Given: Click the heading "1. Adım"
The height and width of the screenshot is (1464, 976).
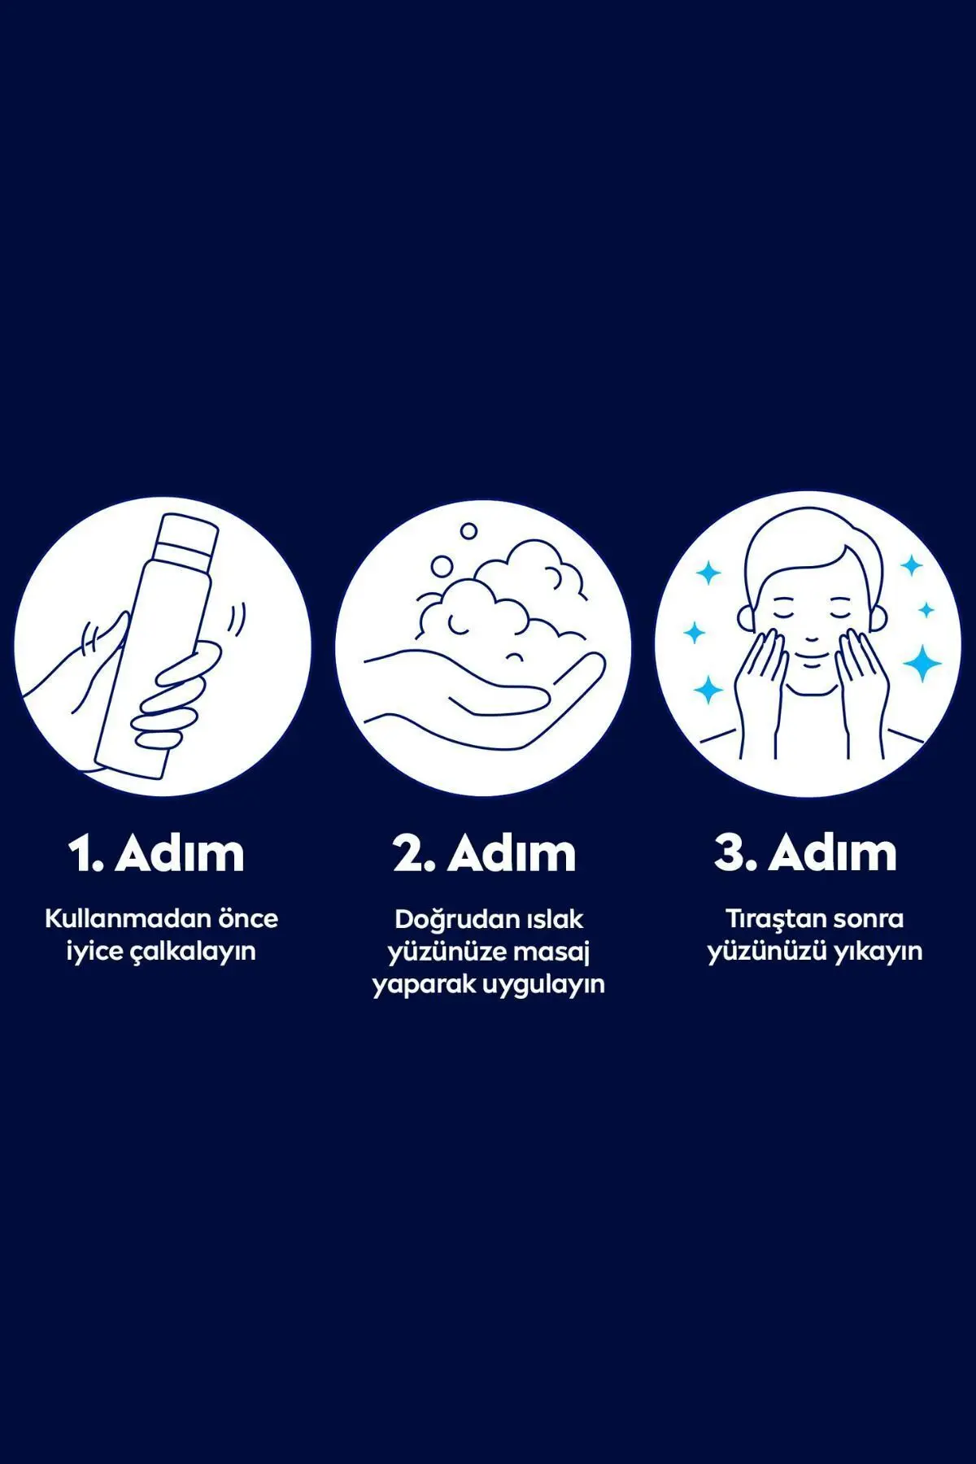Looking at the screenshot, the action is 156,854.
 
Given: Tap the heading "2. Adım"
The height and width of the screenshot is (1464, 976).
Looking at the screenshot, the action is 485,854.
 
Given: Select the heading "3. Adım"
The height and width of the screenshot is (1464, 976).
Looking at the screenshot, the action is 806,854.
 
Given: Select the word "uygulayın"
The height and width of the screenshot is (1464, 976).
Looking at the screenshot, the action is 544,985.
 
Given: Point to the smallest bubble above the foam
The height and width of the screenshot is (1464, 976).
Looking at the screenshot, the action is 468,531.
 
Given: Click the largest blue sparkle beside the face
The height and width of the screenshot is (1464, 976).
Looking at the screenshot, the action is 922,663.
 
